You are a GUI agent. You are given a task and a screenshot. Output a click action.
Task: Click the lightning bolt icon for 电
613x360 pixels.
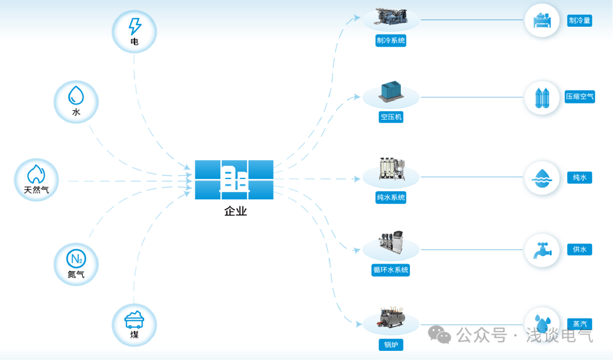click(135, 26)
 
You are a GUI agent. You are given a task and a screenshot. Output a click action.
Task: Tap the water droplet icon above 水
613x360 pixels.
click(76, 95)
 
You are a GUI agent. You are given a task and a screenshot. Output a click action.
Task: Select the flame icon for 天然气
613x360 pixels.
click(36, 174)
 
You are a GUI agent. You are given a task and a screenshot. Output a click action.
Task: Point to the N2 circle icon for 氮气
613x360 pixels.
click(76, 259)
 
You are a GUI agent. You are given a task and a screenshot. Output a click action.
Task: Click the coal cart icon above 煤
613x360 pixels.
click(134, 320)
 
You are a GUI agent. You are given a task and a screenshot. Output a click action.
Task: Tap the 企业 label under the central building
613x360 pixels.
click(236, 211)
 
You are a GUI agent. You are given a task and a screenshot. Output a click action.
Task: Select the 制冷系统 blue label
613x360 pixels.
click(391, 40)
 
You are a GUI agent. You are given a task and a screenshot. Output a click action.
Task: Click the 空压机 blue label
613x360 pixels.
click(391, 117)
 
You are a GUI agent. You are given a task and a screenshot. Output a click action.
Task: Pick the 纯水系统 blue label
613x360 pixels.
click(391, 198)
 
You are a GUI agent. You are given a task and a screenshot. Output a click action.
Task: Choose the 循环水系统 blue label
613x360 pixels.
click(391, 270)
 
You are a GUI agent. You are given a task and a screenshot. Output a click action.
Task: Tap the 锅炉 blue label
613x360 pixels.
click(391, 345)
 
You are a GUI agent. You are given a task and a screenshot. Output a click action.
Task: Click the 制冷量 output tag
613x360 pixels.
click(580, 21)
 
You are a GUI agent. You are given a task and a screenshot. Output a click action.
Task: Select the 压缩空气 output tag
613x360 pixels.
click(580, 97)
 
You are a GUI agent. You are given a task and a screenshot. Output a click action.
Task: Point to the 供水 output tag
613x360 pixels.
click(580, 250)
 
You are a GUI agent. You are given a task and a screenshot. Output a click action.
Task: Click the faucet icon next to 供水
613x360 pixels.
click(543, 250)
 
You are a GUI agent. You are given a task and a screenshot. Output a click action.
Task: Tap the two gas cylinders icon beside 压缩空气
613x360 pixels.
click(542, 98)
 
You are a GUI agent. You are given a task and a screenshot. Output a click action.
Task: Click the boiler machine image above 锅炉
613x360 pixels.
click(391, 317)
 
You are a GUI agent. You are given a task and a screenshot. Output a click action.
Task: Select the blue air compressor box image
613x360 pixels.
click(391, 91)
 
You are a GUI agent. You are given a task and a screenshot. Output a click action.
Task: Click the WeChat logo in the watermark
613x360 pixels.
click(439, 335)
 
